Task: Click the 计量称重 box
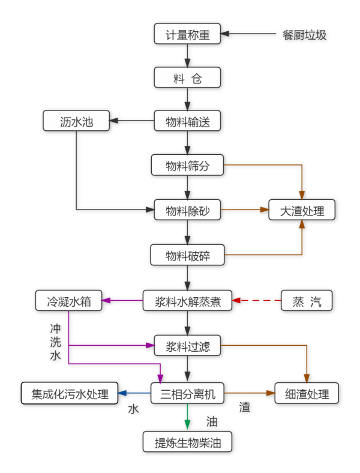point(187,34)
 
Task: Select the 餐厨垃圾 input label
point(305,34)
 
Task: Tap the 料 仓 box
point(187,78)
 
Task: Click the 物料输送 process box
point(187,122)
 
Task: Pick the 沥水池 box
point(76,122)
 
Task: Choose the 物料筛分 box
point(187,166)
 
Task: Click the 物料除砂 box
point(187,210)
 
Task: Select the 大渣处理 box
point(302,210)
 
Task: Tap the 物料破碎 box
point(187,256)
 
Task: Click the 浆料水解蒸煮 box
point(187,301)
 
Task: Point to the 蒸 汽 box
point(306,301)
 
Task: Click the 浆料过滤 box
point(187,346)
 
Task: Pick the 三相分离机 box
point(187,394)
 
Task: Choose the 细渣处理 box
point(306,394)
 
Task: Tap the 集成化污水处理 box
point(70,394)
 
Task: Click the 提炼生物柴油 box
point(187,442)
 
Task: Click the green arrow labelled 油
point(187,417)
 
